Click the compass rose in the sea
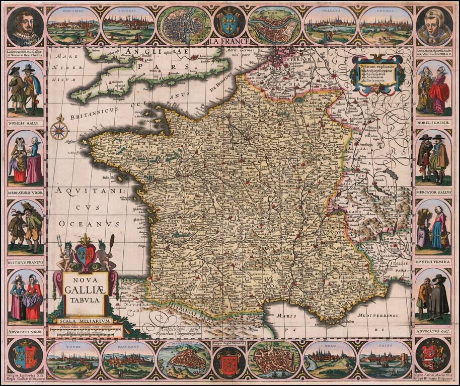[x=59, y=129]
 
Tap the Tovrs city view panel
[x=73, y=360]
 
